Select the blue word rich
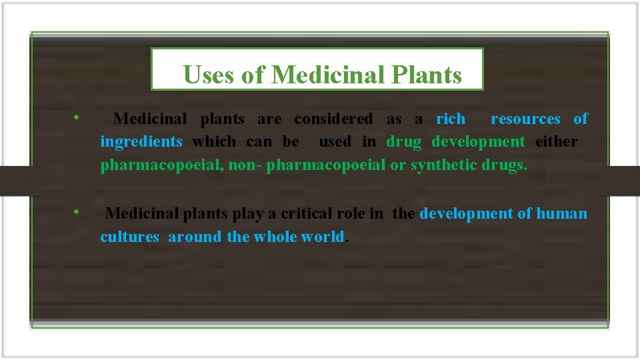(x=451, y=119)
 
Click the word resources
(x=525, y=119)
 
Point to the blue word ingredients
(x=141, y=141)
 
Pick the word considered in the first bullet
(x=333, y=119)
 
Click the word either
(x=557, y=141)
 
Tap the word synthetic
(x=443, y=165)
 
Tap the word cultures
(x=130, y=237)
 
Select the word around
(x=195, y=237)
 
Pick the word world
(x=323, y=237)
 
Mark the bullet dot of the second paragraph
(x=77, y=213)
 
